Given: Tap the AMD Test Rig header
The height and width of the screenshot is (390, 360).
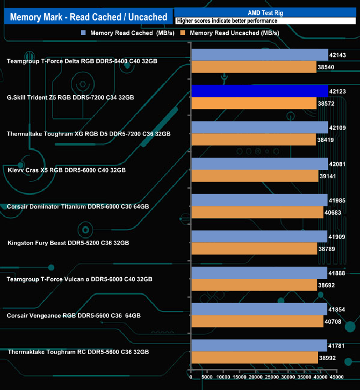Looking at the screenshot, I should coord(265,12).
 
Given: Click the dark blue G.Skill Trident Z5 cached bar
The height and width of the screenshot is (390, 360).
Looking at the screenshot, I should coord(259,91).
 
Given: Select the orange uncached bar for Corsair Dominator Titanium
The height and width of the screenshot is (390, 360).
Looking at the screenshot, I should coord(257,212).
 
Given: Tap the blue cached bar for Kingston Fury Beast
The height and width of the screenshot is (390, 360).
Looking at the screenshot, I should coord(259,236).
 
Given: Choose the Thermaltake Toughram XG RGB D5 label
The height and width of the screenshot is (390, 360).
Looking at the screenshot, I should coord(89,134).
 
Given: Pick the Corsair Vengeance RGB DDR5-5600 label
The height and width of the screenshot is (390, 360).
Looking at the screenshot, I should coord(74,315).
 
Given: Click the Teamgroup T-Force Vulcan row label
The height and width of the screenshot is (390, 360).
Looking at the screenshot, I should coord(80,279).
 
